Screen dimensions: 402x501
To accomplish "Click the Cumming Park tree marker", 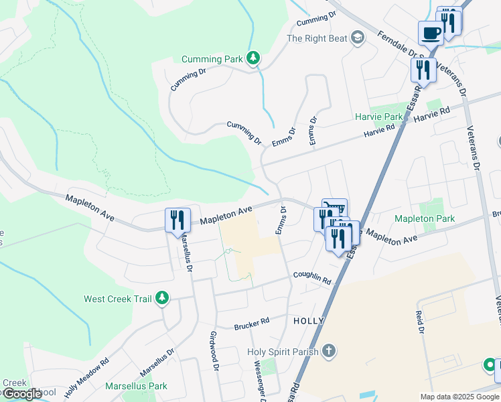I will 253,59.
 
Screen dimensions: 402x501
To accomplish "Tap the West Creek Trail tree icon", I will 161,298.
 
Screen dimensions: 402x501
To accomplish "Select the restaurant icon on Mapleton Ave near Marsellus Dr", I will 177,221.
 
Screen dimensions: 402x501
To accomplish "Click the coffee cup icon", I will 431,33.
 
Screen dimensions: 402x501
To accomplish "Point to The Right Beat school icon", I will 357,38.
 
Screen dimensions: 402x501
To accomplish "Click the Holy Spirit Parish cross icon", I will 328,350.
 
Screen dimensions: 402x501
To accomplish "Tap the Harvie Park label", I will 379,117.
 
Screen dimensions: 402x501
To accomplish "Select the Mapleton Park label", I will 425,218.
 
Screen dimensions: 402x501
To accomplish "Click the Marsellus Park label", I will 136,386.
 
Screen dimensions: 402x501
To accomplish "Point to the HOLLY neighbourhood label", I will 309,321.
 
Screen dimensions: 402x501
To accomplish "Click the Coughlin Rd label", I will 312,277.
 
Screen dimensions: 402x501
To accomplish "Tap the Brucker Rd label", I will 251,323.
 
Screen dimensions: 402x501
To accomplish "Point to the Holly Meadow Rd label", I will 86,379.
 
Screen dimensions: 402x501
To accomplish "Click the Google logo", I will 22,394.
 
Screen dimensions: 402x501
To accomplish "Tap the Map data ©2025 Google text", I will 459,397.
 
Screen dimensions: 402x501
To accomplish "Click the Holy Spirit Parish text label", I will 283,351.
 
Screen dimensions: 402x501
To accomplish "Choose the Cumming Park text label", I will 215,59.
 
